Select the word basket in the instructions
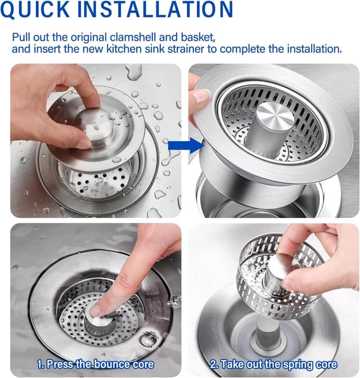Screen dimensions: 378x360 pos(196,37)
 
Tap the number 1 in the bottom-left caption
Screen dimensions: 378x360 pos(40,364)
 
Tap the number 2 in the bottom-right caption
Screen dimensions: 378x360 pos(215,364)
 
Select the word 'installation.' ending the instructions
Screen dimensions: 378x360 pos(314,49)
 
